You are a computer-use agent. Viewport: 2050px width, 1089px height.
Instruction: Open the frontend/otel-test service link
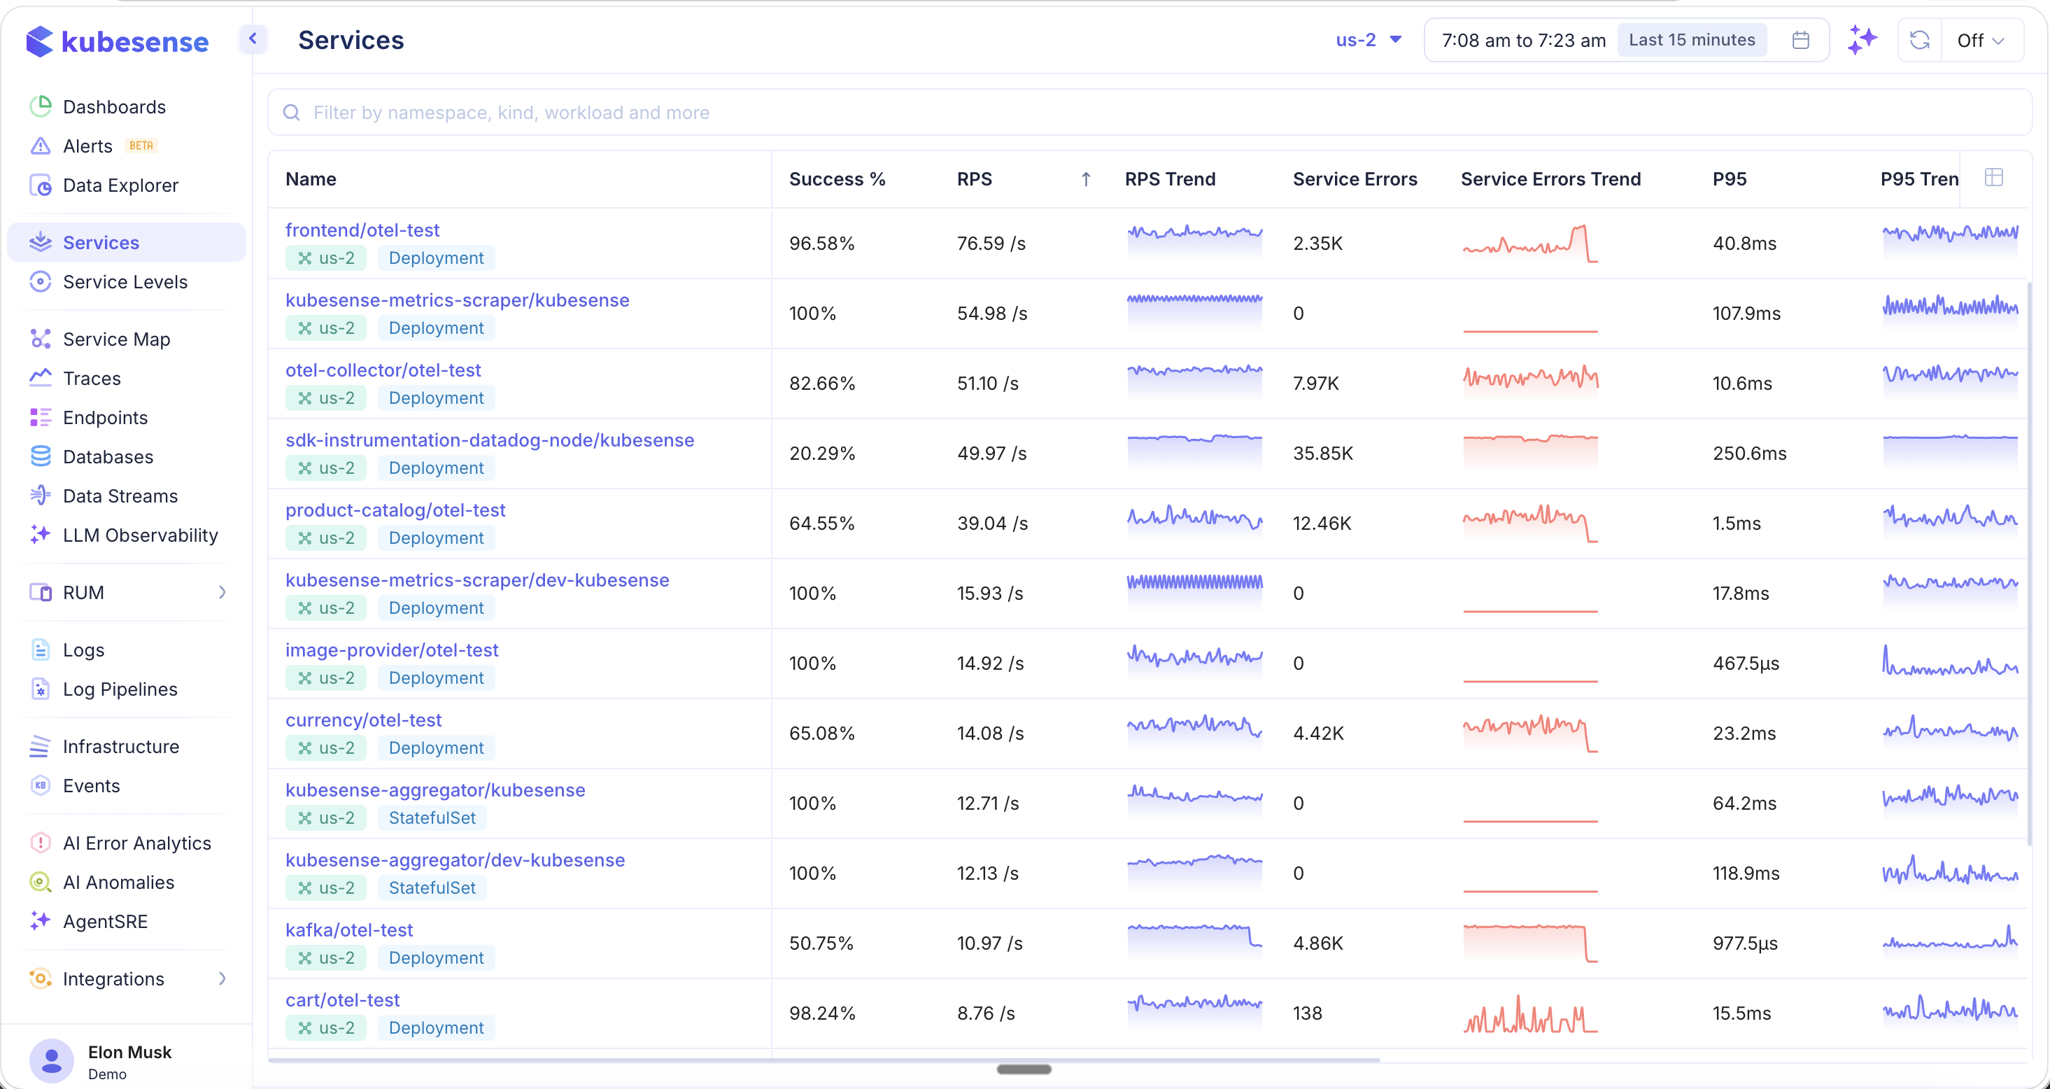pos(362,230)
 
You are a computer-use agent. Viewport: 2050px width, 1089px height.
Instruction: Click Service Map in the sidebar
pos(116,339)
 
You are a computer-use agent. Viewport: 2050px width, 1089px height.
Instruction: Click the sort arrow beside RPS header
pos(1085,179)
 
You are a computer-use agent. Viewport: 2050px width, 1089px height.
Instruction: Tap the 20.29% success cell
pos(821,454)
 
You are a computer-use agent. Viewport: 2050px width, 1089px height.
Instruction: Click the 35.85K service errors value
pos(1322,454)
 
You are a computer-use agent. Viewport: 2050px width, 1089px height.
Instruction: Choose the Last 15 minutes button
pos(1691,40)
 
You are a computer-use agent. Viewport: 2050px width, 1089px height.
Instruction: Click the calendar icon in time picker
pos(1800,40)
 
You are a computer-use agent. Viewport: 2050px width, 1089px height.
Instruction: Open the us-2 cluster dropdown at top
pos(1368,40)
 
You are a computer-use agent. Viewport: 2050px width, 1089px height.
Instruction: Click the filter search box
pos(1146,112)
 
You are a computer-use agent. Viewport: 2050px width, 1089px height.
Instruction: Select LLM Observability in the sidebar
pos(140,535)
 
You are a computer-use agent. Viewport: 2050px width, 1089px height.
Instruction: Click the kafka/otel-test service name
pos(348,930)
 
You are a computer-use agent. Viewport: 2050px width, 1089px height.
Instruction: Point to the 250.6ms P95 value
pos(1749,454)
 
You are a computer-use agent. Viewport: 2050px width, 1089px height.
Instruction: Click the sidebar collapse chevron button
pos(253,38)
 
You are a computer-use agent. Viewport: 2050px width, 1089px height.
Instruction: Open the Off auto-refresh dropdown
pos(1979,40)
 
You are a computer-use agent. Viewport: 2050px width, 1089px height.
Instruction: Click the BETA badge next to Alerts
pos(141,146)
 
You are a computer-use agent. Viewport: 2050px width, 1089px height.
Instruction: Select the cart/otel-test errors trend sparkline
pos(1529,1014)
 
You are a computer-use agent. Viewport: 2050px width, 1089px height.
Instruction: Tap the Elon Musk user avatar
pos(52,1060)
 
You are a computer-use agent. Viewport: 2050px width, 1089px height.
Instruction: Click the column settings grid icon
pos(1993,178)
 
